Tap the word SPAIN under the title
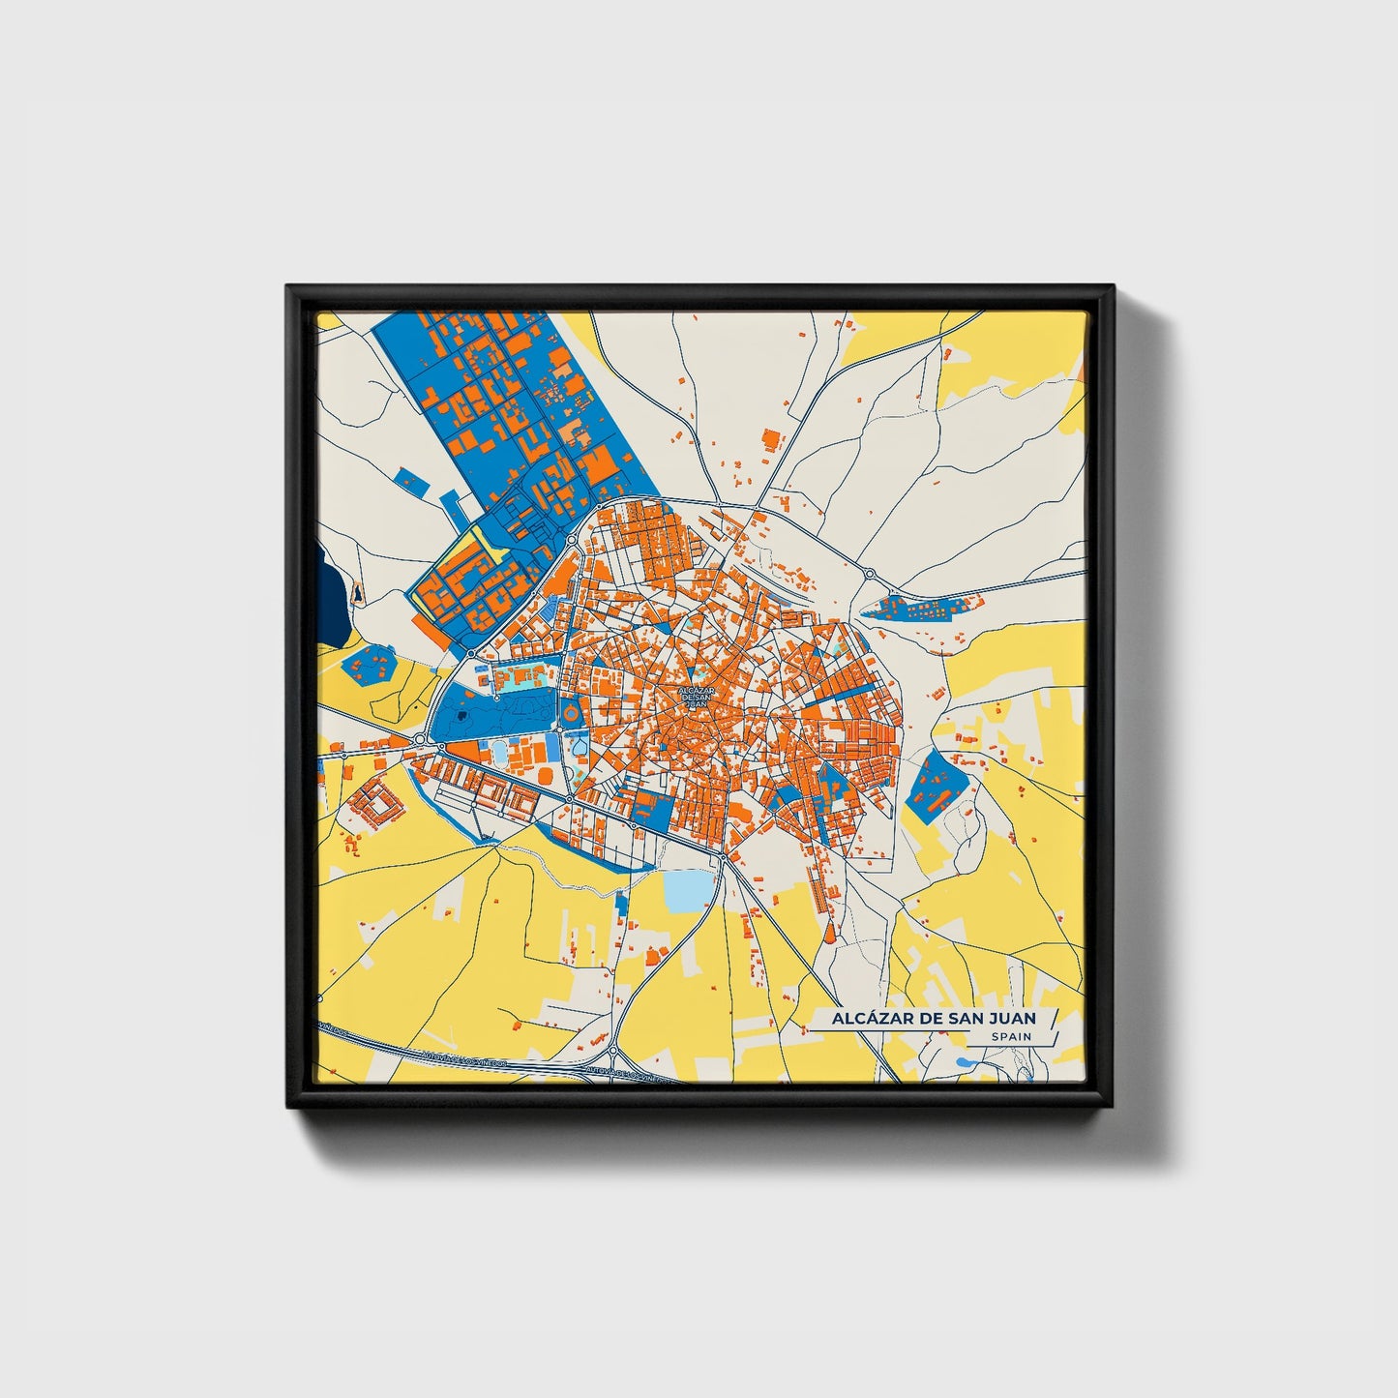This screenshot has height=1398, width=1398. [1011, 1036]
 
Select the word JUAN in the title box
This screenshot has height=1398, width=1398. [1011, 1018]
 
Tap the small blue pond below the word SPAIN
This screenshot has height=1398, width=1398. [962, 1062]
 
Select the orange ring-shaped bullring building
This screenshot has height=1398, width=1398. [571, 713]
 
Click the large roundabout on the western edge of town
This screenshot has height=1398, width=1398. [420, 740]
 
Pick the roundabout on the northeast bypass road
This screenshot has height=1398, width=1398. [869, 575]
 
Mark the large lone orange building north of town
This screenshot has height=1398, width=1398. [771, 439]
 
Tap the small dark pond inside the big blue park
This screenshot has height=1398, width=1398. [462, 716]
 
